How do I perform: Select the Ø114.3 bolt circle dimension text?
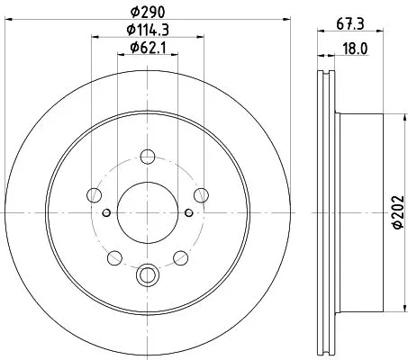148,31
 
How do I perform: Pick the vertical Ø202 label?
397,211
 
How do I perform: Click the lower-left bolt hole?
114,258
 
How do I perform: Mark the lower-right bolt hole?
181,258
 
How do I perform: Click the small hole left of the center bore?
106,211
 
